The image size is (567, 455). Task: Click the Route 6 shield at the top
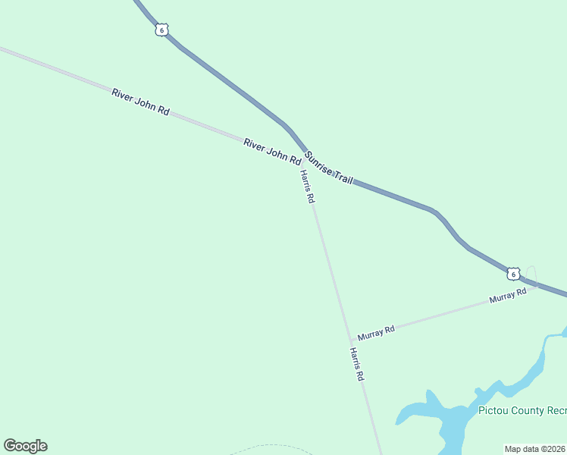click(x=161, y=30)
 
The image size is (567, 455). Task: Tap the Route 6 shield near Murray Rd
click(x=513, y=274)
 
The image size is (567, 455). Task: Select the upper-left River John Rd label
click(x=140, y=101)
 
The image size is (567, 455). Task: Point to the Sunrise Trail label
click(x=329, y=168)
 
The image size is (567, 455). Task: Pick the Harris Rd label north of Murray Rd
click(x=306, y=187)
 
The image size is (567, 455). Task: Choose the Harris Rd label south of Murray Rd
click(x=357, y=364)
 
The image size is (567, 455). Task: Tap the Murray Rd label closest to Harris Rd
click(x=377, y=331)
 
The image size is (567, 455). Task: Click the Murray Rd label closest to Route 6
click(x=507, y=296)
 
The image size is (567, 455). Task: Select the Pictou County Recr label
click(x=522, y=410)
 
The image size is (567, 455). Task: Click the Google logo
click(x=25, y=445)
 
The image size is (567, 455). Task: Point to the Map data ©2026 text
click(x=535, y=449)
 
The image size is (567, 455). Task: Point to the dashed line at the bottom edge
click(x=269, y=447)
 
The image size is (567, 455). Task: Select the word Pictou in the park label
click(x=494, y=410)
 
